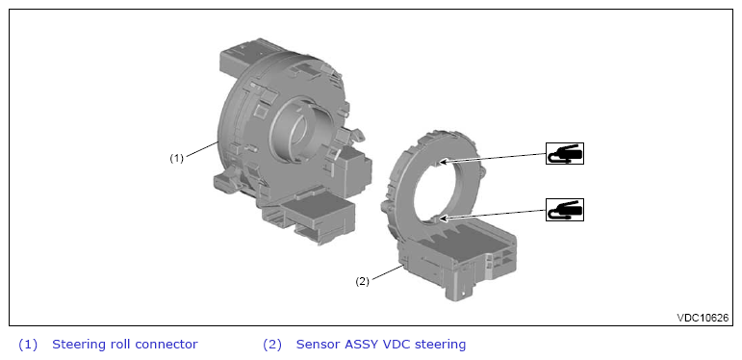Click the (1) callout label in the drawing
(176, 159)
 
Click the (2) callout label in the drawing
(362, 281)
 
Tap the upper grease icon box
(565, 153)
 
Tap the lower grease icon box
(565, 210)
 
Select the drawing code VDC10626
(703, 318)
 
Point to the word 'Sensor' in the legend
(314, 344)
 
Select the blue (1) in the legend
(28, 345)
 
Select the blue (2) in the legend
(272, 345)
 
